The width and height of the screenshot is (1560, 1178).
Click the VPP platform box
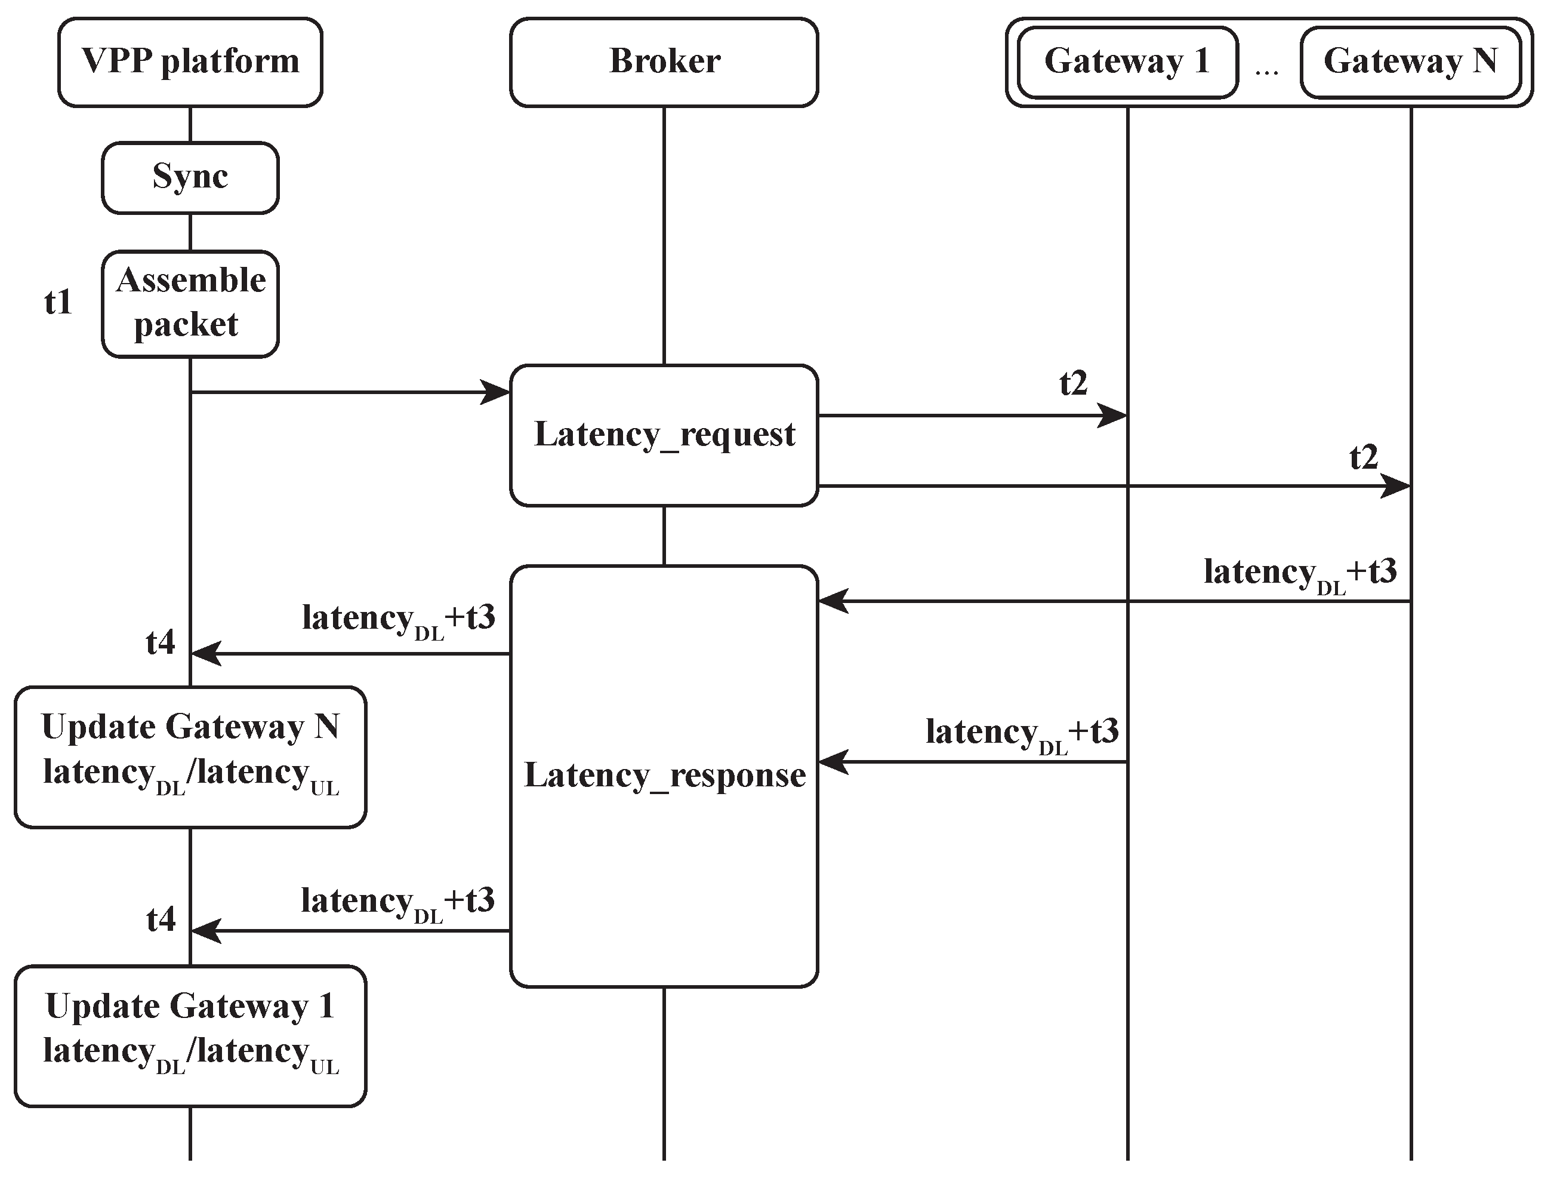click(190, 62)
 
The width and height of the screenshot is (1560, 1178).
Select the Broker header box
click(664, 62)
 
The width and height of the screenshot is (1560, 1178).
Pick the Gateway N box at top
click(1410, 62)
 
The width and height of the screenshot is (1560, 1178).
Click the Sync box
click(190, 177)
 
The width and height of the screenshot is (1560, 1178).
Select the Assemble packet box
click(190, 303)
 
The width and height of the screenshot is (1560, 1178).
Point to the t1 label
click(58, 302)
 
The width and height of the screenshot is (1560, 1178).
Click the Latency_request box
click(664, 435)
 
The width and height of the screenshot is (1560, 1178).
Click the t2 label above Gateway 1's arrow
click(1074, 383)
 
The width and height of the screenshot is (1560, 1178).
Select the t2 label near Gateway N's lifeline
click(1363, 457)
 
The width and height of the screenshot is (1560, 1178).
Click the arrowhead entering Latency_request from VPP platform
click(495, 392)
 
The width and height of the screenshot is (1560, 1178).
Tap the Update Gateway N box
click(190, 756)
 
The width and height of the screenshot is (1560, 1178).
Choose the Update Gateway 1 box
click(190, 1035)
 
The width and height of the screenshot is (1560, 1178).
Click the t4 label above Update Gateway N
click(160, 642)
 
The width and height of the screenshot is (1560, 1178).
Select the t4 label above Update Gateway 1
click(160, 919)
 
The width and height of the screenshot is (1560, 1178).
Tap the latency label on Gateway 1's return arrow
click(1021, 734)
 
